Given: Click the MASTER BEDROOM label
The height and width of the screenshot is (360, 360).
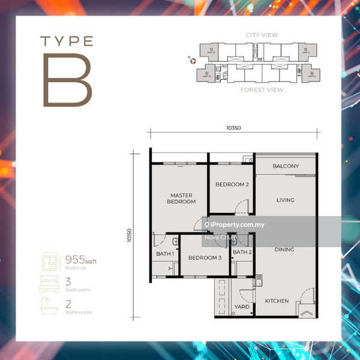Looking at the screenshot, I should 181,199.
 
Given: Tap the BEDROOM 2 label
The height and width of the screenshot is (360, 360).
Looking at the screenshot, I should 232,184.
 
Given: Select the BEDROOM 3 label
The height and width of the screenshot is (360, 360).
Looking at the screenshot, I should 205,258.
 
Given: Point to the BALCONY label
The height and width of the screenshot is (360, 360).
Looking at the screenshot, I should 286,166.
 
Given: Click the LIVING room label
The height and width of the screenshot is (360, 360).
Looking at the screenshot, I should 286,200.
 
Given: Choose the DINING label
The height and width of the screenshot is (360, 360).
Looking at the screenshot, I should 284,249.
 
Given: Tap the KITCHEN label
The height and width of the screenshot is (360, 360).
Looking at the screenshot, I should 277,301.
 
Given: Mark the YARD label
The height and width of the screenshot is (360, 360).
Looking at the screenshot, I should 242,307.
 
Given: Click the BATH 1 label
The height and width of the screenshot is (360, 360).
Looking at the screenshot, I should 165,254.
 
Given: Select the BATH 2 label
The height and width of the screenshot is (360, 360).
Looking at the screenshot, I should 242,253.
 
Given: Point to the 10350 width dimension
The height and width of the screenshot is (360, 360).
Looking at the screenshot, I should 234,127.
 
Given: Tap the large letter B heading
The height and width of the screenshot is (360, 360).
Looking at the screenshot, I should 67,80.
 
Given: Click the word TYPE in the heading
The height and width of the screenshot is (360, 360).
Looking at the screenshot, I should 67,41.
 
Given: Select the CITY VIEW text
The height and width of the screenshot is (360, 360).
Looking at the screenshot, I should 262,35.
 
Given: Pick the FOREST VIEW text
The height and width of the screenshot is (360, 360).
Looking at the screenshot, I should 262,90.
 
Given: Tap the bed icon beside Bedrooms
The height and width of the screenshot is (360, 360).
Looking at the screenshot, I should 49,283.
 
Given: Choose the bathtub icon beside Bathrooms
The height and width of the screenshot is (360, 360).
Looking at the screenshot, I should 49,306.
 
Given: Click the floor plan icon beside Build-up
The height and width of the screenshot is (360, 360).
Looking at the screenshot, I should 49,260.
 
